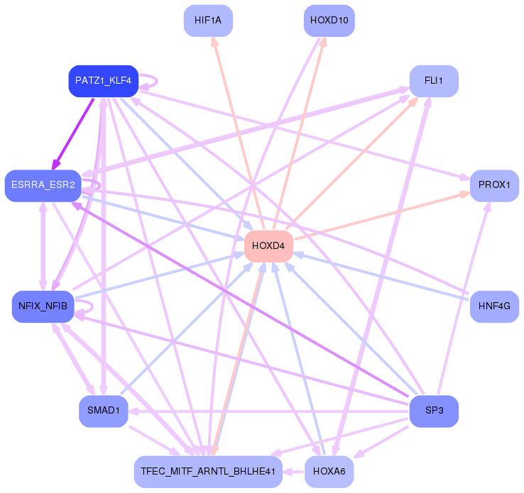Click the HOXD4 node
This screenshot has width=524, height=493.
coord(268,246)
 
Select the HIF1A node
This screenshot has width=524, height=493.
coord(208,21)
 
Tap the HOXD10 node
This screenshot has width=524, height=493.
coord(329,21)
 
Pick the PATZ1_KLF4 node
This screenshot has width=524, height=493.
coord(103,81)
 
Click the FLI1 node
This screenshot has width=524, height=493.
coord(434,81)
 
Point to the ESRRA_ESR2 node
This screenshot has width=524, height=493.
coord(43,186)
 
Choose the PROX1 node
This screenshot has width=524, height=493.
coord(494,185)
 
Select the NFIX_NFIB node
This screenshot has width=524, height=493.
coord(43,306)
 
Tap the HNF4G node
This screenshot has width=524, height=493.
coord(494,306)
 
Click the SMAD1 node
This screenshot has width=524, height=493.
coord(103,411)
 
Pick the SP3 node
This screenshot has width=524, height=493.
coord(434,411)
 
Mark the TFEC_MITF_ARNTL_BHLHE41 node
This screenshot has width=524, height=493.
coord(207,471)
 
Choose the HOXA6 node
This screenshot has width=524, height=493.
coord(329,471)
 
